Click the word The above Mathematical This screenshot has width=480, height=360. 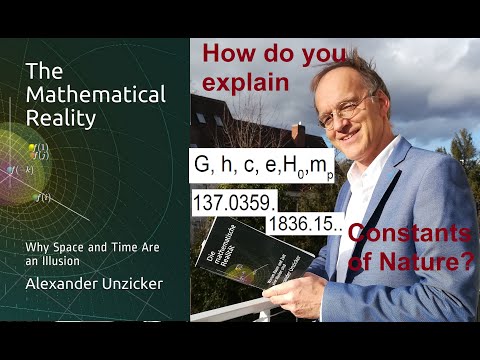pyautogui.click(x=43, y=70)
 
